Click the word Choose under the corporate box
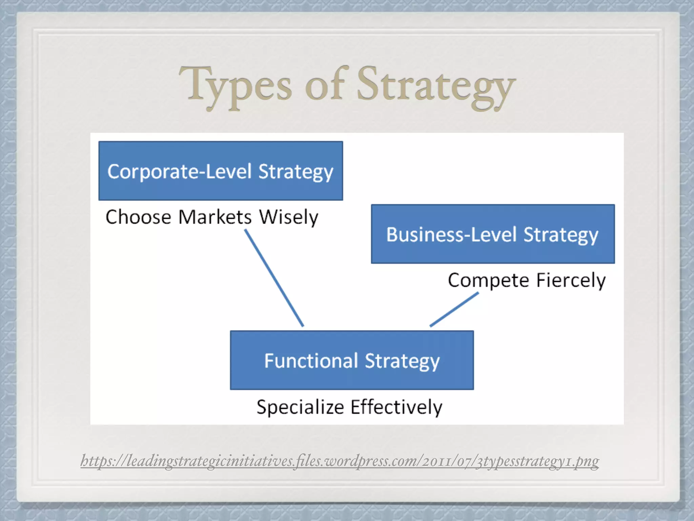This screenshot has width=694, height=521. tap(138, 217)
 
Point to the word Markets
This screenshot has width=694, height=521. tap(215, 217)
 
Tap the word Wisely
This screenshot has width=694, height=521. tap(288, 217)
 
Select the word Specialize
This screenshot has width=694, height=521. tap(300, 407)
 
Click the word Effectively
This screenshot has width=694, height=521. tap(396, 407)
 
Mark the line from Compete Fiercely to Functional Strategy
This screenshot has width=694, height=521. tap(454, 309)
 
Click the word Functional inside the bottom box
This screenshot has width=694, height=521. tap(311, 361)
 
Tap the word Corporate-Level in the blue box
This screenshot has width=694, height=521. tap(180, 171)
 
